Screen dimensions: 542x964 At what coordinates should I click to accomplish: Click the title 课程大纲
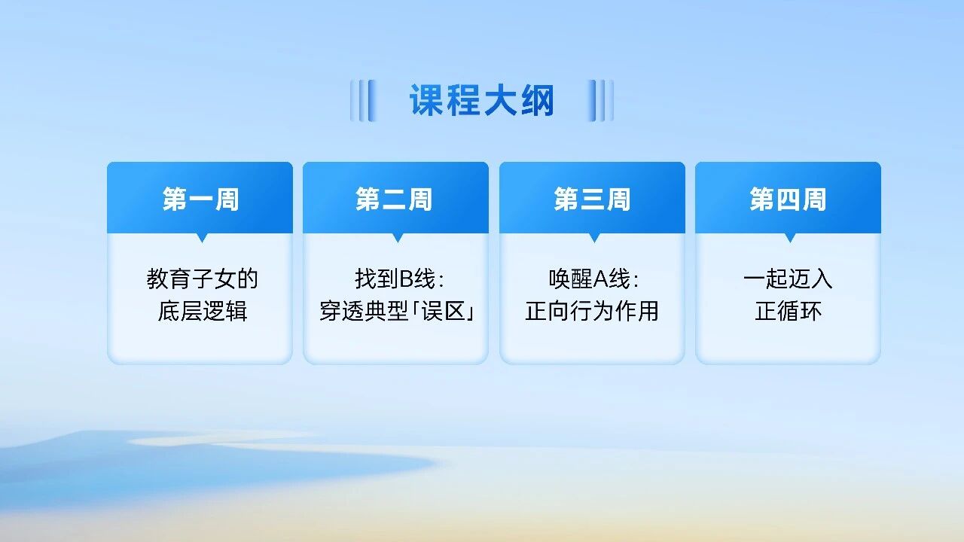[482, 101]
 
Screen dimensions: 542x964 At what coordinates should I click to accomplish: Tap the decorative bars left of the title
[362, 101]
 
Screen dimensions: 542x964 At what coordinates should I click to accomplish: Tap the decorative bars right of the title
[601, 101]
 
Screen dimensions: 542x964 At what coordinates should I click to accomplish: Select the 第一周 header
[200, 199]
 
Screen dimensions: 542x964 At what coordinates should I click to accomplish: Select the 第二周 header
[395, 199]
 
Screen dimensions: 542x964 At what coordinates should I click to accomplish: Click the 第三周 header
[592, 199]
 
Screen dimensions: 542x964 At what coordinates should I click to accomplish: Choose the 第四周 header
[788, 199]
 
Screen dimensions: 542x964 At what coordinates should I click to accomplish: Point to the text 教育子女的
[202, 279]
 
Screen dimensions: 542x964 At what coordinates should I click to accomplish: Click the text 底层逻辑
[202, 311]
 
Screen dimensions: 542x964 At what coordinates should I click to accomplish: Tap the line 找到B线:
[400, 279]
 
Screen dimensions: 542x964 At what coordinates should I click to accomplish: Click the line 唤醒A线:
[594, 279]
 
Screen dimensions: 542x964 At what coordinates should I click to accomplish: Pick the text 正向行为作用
[592, 311]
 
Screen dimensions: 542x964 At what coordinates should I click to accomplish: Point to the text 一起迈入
[788, 279]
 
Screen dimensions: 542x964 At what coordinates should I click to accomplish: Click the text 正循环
[788, 311]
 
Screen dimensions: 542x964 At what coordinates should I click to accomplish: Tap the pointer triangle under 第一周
[202, 237]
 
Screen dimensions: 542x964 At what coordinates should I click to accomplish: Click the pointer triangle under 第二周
[398, 237]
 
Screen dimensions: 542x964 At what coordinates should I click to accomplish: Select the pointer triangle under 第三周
[594, 237]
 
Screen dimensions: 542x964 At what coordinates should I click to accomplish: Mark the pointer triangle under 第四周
[790, 237]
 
